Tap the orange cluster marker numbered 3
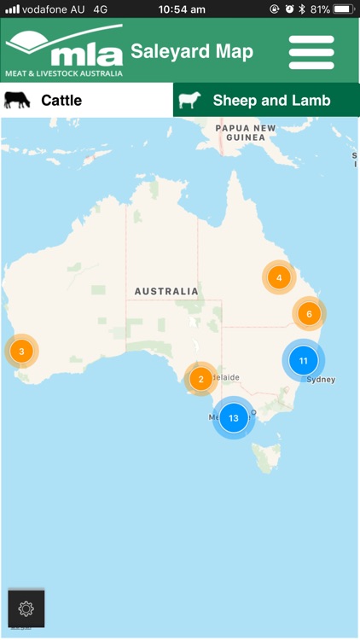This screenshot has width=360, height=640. pyautogui.click(x=21, y=350)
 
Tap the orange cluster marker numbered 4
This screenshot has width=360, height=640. pyautogui.click(x=278, y=277)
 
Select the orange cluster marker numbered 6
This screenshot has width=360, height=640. pyautogui.click(x=309, y=313)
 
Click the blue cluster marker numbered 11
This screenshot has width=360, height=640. pyautogui.click(x=303, y=361)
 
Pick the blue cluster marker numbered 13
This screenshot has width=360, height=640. pyautogui.click(x=233, y=418)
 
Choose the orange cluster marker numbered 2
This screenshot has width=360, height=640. pyautogui.click(x=200, y=379)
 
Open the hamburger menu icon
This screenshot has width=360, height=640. pyautogui.click(x=311, y=52)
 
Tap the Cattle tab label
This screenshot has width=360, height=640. pyautogui.click(x=61, y=101)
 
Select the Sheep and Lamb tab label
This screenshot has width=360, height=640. pyautogui.click(x=272, y=101)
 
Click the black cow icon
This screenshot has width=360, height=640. pyautogui.click(x=17, y=100)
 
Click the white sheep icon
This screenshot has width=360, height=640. pyautogui.click(x=189, y=101)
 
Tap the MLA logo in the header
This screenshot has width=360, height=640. pyautogui.click(x=63, y=51)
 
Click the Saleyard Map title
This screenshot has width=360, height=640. pyautogui.click(x=192, y=51)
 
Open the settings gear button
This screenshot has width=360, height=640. pyautogui.click(x=26, y=608)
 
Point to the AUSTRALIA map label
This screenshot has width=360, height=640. pyautogui.click(x=166, y=291)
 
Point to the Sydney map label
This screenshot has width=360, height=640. pyautogui.click(x=321, y=380)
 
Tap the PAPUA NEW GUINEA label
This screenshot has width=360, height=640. pyautogui.click(x=246, y=133)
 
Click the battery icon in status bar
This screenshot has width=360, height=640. pyautogui.click(x=343, y=9)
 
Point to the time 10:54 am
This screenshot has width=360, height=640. pyautogui.click(x=182, y=9)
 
